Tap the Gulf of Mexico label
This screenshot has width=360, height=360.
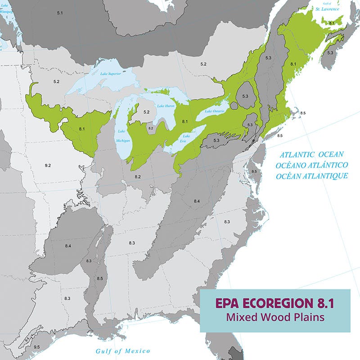pos(123,351)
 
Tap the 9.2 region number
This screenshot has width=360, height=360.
pos(48,166)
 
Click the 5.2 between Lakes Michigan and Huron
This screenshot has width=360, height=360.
pos(146,111)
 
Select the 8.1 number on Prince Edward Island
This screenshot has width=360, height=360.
pos(332,22)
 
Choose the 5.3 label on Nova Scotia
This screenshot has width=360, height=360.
pos(330,53)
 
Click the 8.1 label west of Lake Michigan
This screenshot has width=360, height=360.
pos(82,129)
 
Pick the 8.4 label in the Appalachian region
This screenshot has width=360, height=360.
pos(197,201)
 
